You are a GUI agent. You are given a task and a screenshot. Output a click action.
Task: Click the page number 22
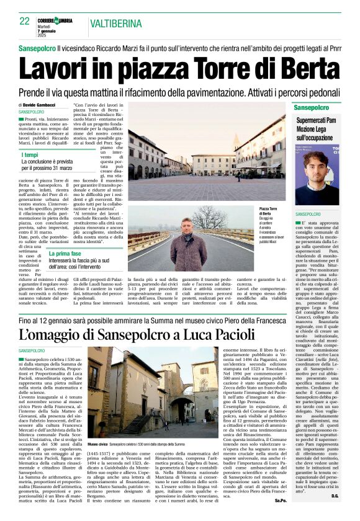tap(25, 21)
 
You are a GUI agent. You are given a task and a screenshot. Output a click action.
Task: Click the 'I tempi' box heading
tap(30, 155)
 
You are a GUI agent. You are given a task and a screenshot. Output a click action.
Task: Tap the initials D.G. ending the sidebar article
tap(351, 496)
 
